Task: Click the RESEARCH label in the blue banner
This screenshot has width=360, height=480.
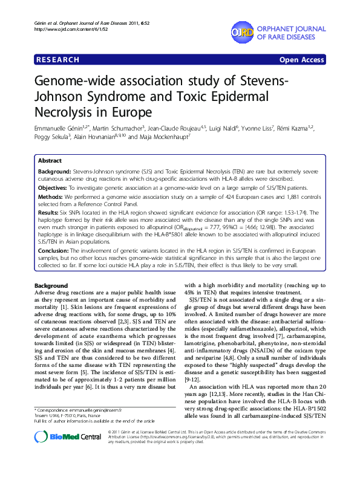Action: click(x=58, y=60)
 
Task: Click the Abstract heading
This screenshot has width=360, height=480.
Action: click(x=50, y=161)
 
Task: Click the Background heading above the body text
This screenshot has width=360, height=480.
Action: click(x=51, y=285)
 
